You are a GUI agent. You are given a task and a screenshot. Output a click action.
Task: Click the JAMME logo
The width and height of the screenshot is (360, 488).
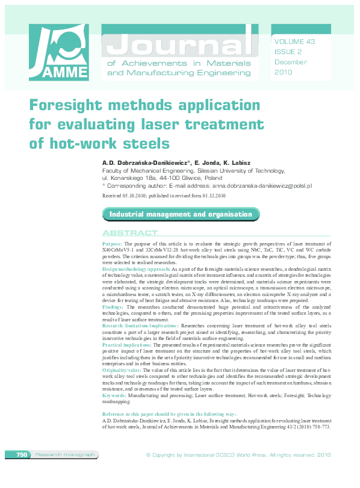click(x=58, y=53)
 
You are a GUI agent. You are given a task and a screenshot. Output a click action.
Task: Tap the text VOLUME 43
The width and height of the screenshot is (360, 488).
click(x=294, y=42)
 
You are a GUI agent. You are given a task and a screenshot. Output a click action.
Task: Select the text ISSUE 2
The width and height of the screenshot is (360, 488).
click(x=288, y=52)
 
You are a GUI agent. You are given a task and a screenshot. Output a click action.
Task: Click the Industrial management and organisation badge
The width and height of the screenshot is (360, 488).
click(x=181, y=214)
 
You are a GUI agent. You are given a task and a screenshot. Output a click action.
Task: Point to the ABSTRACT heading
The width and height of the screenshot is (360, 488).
click(x=129, y=233)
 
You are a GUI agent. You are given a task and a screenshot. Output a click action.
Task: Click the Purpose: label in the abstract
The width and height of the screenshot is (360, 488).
click(x=113, y=242)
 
